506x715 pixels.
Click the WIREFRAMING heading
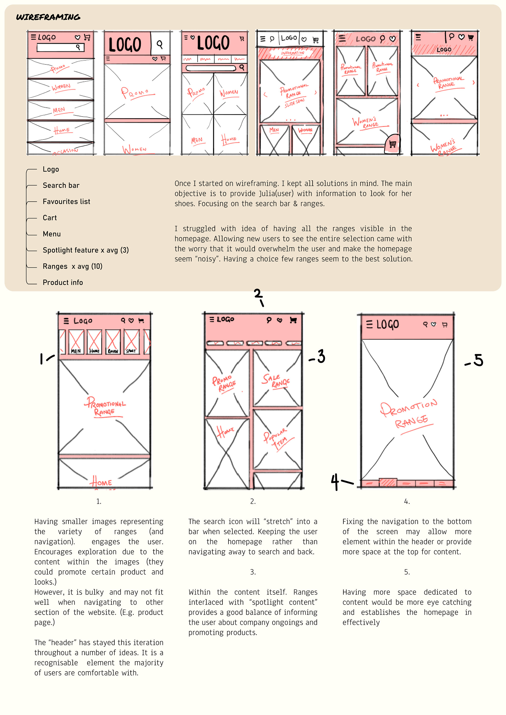[x=48, y=17]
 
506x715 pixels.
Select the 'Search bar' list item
[x=61, y=185]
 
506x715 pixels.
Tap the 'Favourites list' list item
[x=66, y=202]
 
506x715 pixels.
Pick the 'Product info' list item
[x=63, y=282]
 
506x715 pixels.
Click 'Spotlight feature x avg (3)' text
[x=86, y=250]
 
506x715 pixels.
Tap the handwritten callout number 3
[x=321, y=356]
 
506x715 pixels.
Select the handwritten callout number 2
[x=258, y=294]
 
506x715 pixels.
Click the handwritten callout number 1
[x=41, y=359]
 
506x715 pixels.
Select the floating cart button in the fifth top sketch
[x=392, y=144]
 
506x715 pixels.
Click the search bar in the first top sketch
[x=60, y=47]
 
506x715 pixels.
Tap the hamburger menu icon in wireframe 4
[x=369, y=324]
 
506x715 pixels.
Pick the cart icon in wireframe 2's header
[x=293, y=320]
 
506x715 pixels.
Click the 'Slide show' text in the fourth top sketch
[x=294, y=103]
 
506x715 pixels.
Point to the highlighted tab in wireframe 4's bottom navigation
[x=388, y=483]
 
